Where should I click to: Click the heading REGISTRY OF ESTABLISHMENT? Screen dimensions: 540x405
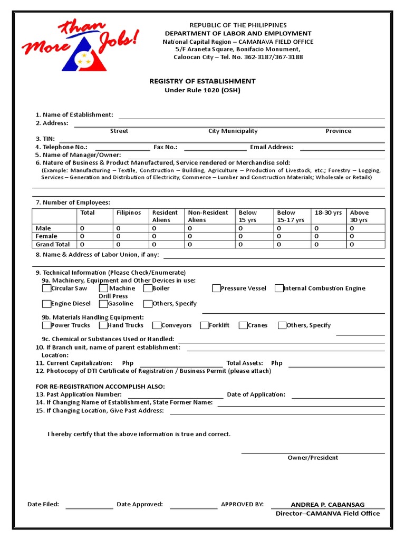tap(202, 81)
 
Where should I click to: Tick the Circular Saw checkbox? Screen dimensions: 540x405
tap(46, 288)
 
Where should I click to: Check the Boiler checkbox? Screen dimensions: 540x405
tap(148, 288)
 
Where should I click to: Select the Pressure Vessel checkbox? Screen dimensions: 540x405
tap(216, 288)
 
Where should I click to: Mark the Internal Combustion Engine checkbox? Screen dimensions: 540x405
tap(279, 288)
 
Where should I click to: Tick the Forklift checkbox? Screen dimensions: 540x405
tap(204, 325)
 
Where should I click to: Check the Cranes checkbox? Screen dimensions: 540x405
tap(243, 325)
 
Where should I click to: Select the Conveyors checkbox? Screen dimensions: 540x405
tap(156, 325)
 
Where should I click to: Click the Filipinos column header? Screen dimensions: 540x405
tap(129, 213)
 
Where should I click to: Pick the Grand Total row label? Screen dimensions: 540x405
tap(53, 245)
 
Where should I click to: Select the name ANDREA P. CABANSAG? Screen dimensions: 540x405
tap(327, 505)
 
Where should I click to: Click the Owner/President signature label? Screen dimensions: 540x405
tap(313, 458)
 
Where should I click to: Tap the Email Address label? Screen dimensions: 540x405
tap(272, 147)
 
